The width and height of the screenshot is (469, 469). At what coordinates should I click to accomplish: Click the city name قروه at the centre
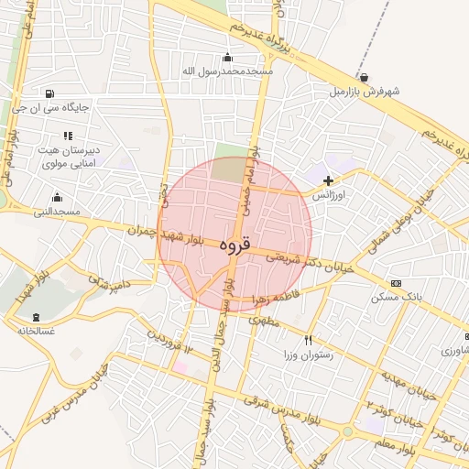coord(234,245)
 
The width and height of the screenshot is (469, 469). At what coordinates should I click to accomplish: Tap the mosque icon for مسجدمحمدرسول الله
coord(228,58)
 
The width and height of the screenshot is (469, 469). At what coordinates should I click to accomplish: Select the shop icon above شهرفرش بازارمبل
coord(365,78)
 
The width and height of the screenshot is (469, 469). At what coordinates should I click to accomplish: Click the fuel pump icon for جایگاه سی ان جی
coord(49,93)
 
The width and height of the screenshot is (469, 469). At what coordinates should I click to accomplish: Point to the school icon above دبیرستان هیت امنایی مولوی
coord(67,136)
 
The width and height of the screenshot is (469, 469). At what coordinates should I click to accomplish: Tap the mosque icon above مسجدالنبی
coord(57,198)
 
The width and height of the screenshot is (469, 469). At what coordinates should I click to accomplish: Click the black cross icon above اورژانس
coord(328,181)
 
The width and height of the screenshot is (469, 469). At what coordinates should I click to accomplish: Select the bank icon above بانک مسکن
coord(396,283)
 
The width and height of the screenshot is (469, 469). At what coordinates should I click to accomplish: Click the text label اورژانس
coord(327,196)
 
